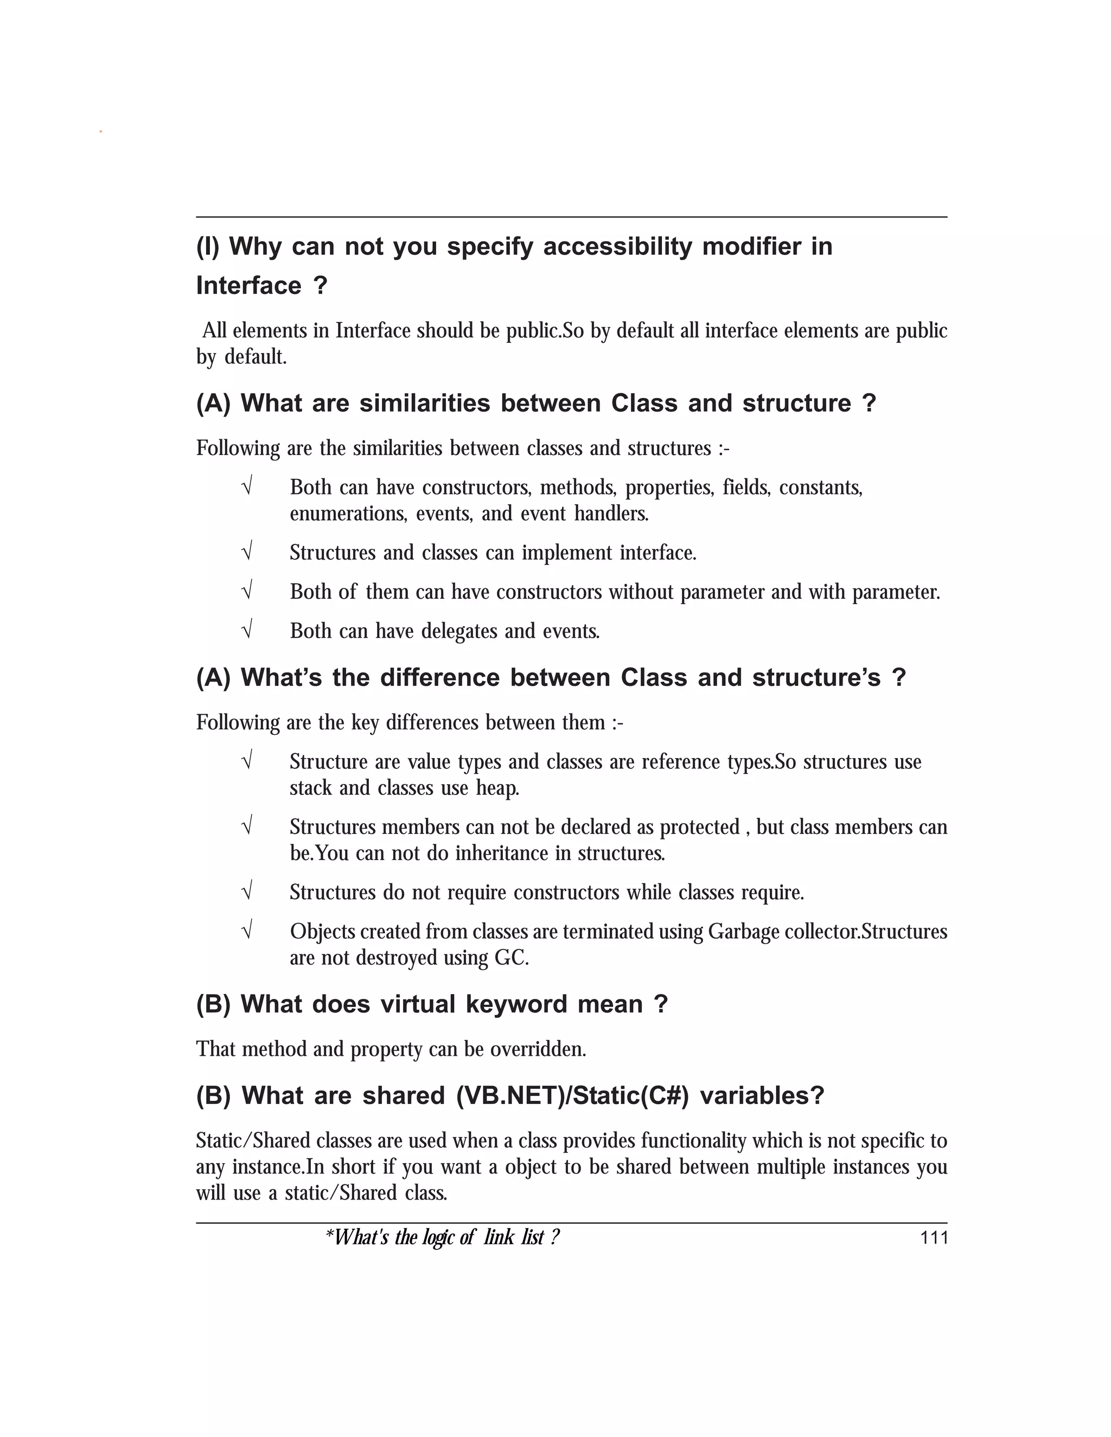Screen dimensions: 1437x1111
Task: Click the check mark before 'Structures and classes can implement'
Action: tap(247, 551)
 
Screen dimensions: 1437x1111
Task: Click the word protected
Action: tap(700, 827)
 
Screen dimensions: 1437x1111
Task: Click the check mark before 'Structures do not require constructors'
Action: tap(247, 891)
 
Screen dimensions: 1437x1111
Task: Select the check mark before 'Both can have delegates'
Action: tap(247, 630)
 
